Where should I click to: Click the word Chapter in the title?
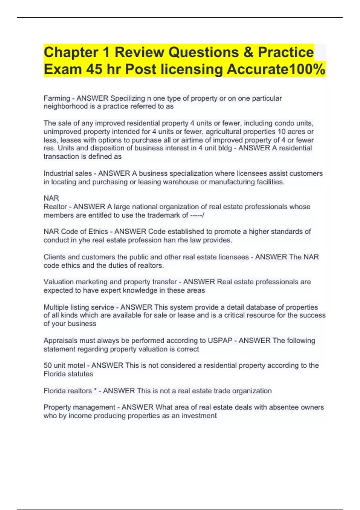(71, 52)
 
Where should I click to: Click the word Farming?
(57, 98)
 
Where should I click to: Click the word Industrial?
(58, 173)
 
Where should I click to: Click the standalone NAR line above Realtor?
(51, 198)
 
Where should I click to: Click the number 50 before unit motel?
(48, 365)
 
